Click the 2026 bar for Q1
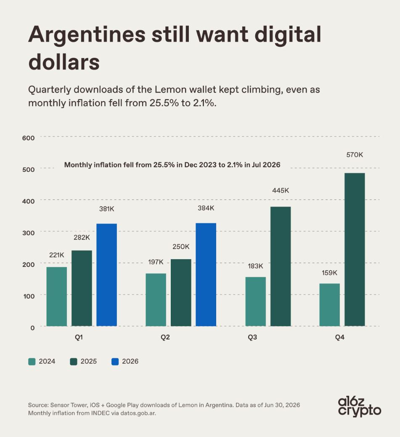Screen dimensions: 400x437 click(x=106, y=275)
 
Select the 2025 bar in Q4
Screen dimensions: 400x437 click(x=355, y=249)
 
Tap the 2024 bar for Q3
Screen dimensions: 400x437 click(x=256, y=302)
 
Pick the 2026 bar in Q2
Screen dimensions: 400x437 click(x=206, y=274)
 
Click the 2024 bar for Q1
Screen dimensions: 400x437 click(x=57, y=297)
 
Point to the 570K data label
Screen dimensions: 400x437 click(x=355, y=155)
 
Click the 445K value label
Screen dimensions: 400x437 click(x=281, y=190)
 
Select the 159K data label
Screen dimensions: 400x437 click(x=330, y=273)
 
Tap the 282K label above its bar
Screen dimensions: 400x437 click(x=82, y=238)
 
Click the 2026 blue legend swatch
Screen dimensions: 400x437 click(x=115, y=362)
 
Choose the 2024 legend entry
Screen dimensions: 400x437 click(x=42, y=362)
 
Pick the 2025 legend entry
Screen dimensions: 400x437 click(x=83, y=362)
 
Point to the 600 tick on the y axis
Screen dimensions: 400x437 click(x=28, y=138)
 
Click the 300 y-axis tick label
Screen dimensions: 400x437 click(x=28, y=233)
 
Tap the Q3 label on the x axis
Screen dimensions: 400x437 click(x=252, y=338)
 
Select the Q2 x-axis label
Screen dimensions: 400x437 click(x=165, y=338)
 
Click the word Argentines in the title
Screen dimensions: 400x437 click(x=87, y=35)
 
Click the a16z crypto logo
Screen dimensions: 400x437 click(x=359, y=407)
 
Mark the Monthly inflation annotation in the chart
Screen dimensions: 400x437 click(x=172, y=165)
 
